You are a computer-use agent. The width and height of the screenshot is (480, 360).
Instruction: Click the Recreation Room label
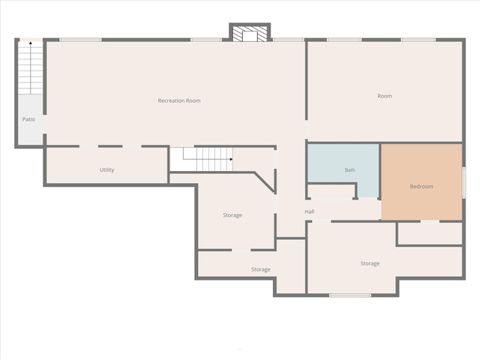pyautogui.click(x=179, y=100)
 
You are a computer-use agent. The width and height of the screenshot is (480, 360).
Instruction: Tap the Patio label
pyautogui.click(x=28, y=119)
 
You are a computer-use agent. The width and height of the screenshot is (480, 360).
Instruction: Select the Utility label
pyautogui.click(x=106, y=170)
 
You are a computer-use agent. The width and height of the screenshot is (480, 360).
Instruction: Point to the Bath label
pyautogui.click(x=350, y=170)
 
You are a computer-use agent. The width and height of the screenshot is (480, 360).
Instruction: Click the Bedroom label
pyautogui.click(x=421, y=187)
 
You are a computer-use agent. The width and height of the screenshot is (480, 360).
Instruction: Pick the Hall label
pyautogui.click(x=310, y=211)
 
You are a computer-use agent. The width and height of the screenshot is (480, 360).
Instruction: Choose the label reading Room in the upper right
pyautogui.click(x=385, y=96)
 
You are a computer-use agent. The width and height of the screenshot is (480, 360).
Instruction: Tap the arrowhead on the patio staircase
pyautogui.click(x=31, y=43)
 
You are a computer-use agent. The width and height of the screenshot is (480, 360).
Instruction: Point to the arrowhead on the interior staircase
pyautogui.click(x=231, y=159)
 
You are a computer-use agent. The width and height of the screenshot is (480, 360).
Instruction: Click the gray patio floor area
pyautogui.click(x=30, y=118)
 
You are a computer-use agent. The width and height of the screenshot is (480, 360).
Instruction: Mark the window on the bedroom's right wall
pyautogui.click(x=463, y=182)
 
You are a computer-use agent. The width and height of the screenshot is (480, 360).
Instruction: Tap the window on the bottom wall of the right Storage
pyautogui.click(x=350, y=295)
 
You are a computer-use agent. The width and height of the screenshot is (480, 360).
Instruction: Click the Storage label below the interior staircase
pyautogui.click(x=232, y=215)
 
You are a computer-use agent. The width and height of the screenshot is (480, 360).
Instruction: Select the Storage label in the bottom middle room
pyautogui.click(x=261, y=269)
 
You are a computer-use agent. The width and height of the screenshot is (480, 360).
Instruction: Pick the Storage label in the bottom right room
pyautogui.click(x=370, y=263)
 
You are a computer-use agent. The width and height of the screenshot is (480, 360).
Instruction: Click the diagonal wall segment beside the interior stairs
pyautogui.click(x=264, y=182)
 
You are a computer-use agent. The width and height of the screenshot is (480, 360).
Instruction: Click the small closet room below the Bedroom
pyautogui.click(x=430, y=233)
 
